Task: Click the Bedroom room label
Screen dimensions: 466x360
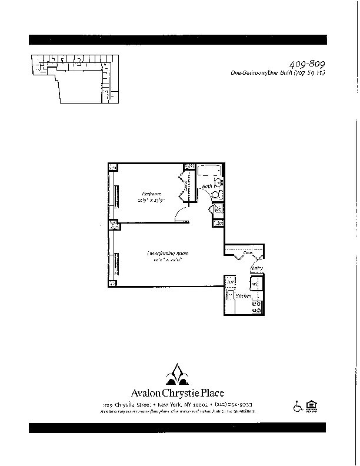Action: pyautogui.click(x=151, y=194)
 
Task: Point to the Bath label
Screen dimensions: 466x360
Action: pyautogui.click(x=206, y=187)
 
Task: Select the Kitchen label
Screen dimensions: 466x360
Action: pyautogui.click(x=243, y=296)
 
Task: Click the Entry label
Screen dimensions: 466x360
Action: pyautogui.click(x=256, y=269)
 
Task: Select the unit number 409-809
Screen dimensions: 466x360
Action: pyautogui.click(x=308, y=64)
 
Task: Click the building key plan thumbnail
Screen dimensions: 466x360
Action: pyautogui.click(x=74, y=78)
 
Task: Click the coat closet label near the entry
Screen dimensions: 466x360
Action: pyautogui.click(x=248, y=253)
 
